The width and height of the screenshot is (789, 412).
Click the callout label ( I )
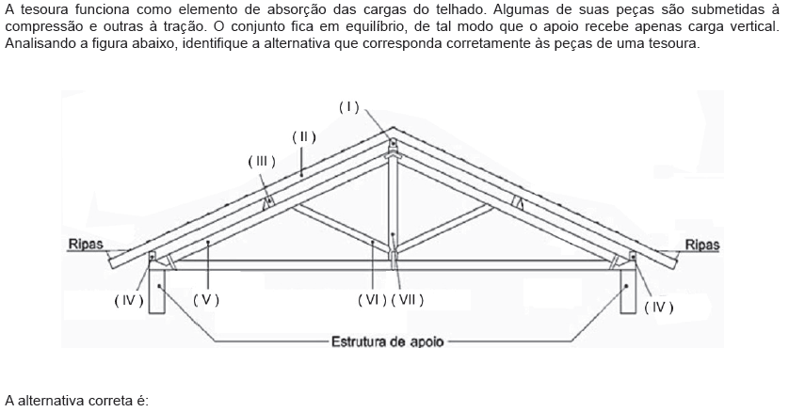point(348,107)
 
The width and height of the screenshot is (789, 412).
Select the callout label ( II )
point(304,137)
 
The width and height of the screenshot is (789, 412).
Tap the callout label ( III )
point(262,162)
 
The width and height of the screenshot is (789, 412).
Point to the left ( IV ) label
point(129,300)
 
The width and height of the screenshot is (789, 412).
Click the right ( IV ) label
point(659,307)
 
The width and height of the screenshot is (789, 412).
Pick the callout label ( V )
point(206,300)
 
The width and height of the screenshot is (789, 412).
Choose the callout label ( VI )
point(372,300)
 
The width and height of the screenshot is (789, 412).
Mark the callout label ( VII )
point(407,300)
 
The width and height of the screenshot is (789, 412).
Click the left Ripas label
point(86,245)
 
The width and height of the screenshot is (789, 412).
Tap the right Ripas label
point(702,246)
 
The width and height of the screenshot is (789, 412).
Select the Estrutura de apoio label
point(388,342)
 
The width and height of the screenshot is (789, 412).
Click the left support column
point(157,292)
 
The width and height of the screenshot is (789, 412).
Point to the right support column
point(628,292)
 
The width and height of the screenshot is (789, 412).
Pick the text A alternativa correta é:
point(77,401)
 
